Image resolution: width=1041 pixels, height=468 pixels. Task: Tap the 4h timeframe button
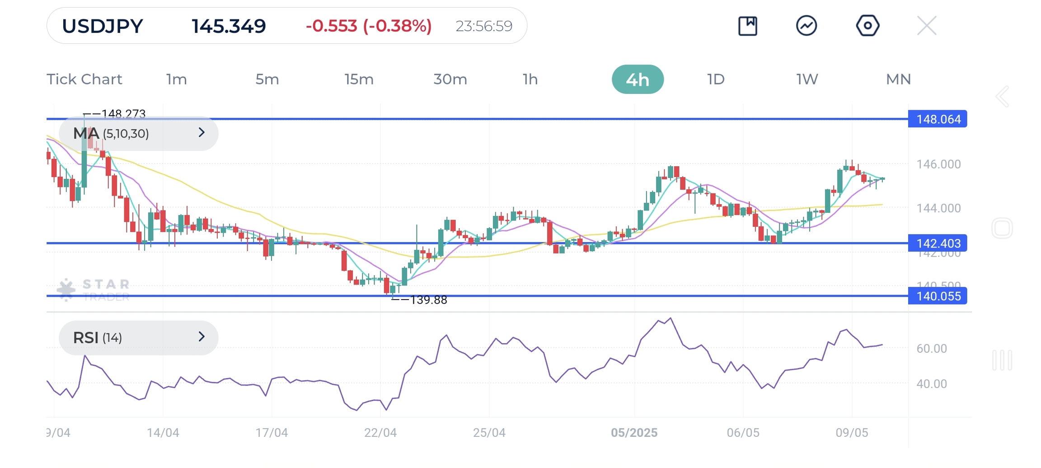point(637,80)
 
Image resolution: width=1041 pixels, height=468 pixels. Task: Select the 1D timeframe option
point(716,80)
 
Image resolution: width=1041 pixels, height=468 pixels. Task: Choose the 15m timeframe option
point(359,80)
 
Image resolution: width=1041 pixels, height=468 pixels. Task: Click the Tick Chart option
point(84,80)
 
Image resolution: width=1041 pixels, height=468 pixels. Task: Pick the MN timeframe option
point(898,80)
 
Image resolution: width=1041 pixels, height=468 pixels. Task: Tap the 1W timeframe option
point(807,80)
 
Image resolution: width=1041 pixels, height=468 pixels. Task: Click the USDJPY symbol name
point(103,26)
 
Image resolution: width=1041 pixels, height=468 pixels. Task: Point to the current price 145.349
point(229,26)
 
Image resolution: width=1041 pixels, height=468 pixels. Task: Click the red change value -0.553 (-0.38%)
point(369,26)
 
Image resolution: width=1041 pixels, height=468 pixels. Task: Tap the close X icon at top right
point(927,26)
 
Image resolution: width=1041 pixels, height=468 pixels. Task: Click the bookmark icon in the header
point(748,26)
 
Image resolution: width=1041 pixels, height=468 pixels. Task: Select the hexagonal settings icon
point(867,26)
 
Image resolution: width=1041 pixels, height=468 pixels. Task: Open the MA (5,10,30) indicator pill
point(139,133)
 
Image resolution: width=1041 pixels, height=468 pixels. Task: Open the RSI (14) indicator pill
point(139,337)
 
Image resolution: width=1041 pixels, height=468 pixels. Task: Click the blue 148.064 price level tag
point(938,119)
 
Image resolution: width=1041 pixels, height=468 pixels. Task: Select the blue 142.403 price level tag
point(938,243)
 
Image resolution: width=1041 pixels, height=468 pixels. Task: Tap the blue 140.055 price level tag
point(938,296)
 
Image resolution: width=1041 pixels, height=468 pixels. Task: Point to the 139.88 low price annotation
point(427,300)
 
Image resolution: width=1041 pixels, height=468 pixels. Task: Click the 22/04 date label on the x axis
point(380,433)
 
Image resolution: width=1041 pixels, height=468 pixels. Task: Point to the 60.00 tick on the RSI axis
point(932,348)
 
